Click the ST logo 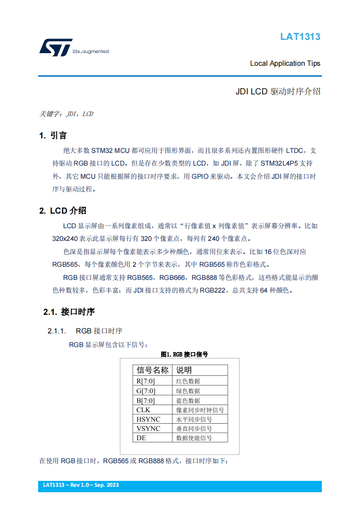[x=56, y=47]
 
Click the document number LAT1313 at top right [x=300, y=37]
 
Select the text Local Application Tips [x=285, y=64]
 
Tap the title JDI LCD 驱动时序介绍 [x=278, y=91]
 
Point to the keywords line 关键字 [x=66, y=114]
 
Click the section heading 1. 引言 [x=53, y=136]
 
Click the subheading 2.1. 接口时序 [x=69, y=312]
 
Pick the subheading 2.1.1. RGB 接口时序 [x=85, y=331]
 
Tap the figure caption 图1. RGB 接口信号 [x=184, y=354]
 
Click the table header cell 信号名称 [x=153, y=370]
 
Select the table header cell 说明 [x=184, y=370]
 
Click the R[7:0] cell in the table [x=146, y=381]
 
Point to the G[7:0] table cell [x=146, y=391]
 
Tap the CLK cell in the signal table [x=143, y=410]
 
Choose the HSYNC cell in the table [x=148, y=419]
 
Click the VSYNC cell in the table [x=148, y=429]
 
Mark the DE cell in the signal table [x=141, y=438]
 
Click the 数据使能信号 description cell [x=194, y=438]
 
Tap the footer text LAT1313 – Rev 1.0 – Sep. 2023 [x=81, y=485]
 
